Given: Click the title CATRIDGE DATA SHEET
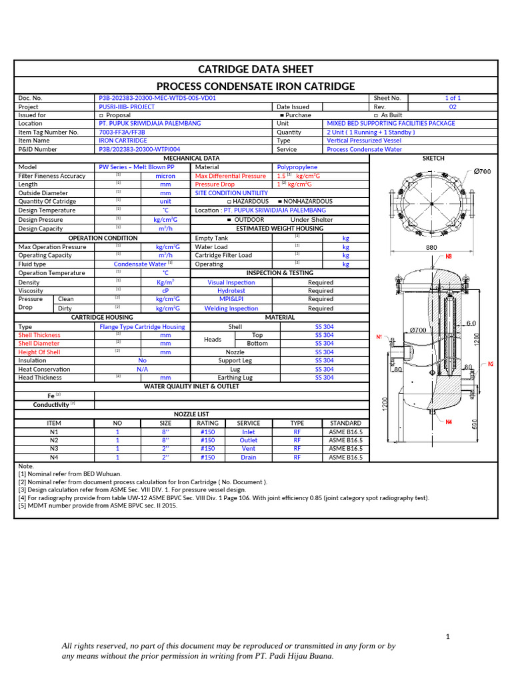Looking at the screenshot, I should pos(256,69).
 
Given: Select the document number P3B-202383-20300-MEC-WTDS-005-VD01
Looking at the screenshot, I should pos(157,98).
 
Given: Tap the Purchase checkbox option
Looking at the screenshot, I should pos(295,115).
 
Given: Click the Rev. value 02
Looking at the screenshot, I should pos(453,107).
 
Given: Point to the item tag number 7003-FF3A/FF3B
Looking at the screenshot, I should pos(123,132).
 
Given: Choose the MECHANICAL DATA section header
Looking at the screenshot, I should pos(191,158).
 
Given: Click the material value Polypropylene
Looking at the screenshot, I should pos(297,167).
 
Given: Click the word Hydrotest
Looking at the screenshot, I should pos(231,291).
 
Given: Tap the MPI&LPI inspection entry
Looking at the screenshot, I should pos(231,300).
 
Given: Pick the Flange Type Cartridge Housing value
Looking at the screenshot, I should pos(142,327).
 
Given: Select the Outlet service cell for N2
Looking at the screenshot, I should pos(248,440).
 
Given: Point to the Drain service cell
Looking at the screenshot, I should pos(248,458).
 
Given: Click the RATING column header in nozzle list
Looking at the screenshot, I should pos(207,423).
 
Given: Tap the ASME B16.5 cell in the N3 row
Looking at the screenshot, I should pos(345,449).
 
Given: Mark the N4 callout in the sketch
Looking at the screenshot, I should pos(449,422).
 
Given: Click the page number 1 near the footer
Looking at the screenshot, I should pos(449,637).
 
